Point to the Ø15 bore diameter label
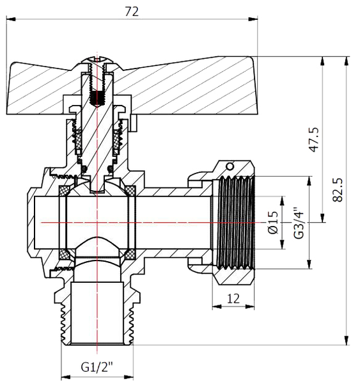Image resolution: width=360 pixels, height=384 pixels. (x=274, y=222)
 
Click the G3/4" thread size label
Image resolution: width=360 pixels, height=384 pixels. (x=297, y=223)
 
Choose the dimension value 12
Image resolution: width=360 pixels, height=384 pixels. (x=233, y=298)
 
